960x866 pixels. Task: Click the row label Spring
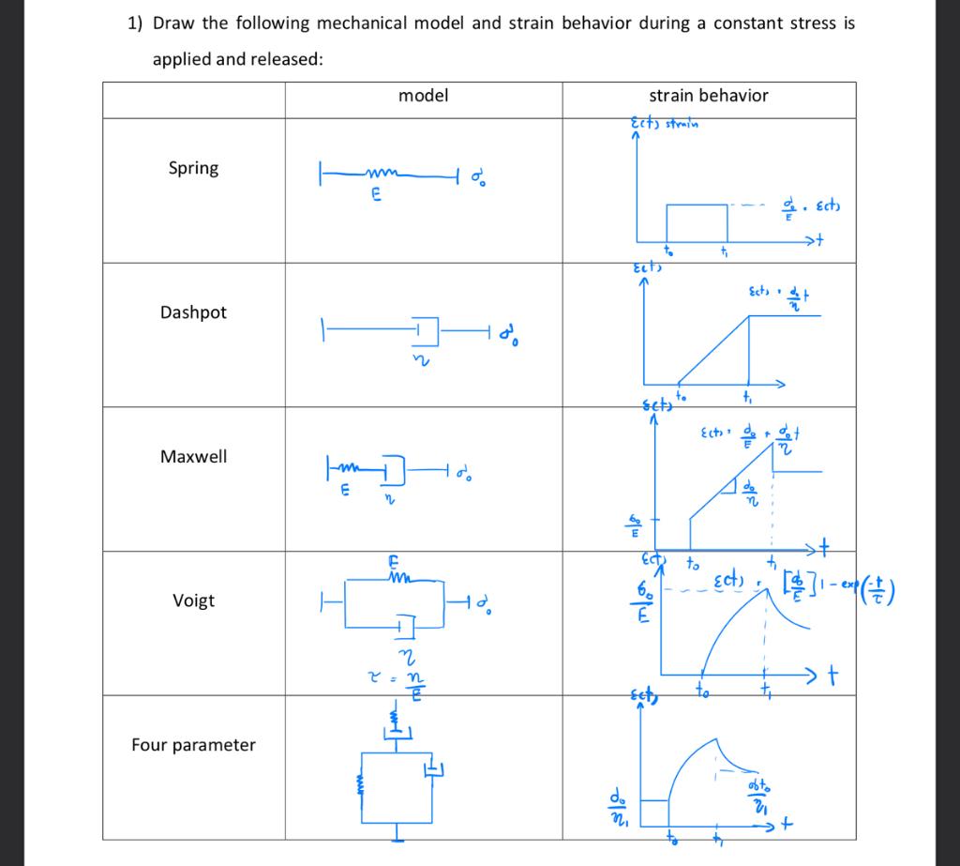[193, 168]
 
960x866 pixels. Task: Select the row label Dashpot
[193, 312]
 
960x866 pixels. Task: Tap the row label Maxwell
[193, 457]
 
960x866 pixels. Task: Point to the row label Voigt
[193, 600]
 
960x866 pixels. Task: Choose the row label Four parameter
[193, 745]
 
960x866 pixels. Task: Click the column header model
[424, 96]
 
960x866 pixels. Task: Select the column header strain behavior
[709, 96]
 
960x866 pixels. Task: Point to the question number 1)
[134, 23]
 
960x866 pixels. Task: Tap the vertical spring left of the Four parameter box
[359, 781]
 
